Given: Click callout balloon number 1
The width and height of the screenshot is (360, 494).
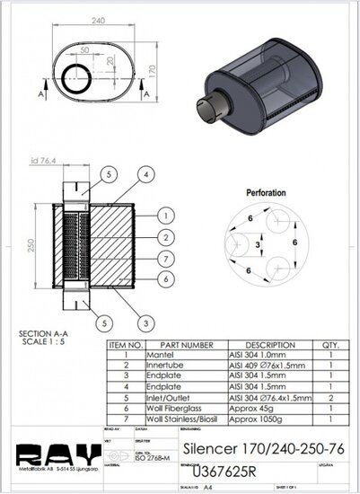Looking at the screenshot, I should coord(167,216).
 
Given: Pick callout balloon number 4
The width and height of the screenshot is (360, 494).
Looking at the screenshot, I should coord(143,173).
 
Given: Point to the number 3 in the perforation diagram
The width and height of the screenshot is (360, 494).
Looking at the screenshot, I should coord(259,243).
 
